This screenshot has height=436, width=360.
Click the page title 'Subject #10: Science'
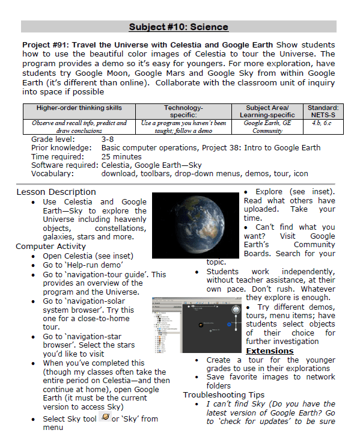coord(178,27)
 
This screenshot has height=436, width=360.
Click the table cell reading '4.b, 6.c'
coord(320,123)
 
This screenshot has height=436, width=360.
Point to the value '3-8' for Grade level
coord(108,139)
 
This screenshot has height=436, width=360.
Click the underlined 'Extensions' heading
coord(270,351)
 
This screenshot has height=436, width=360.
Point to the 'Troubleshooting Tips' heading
coord(224,395)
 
